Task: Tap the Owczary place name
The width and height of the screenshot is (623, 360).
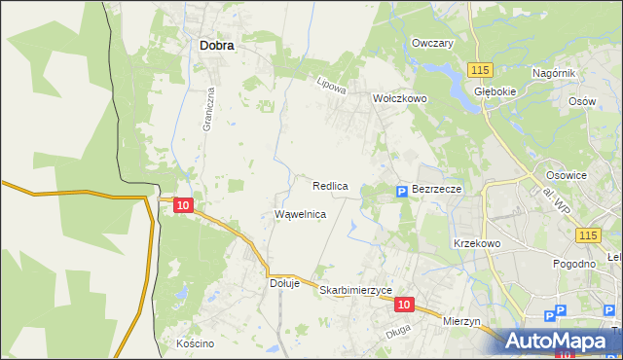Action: [x=433, y=44]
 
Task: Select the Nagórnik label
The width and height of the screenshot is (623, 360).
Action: [x=555, y=74]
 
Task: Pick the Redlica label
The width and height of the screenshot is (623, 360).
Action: [x=331, y=185]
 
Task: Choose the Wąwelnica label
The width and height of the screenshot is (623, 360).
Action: [x=300, y=214]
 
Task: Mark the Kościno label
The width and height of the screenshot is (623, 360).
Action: [x=195, y=343]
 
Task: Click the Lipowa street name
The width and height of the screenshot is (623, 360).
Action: [x=332, y=86]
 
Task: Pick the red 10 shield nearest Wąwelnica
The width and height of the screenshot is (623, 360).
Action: [x=184, y=204]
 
